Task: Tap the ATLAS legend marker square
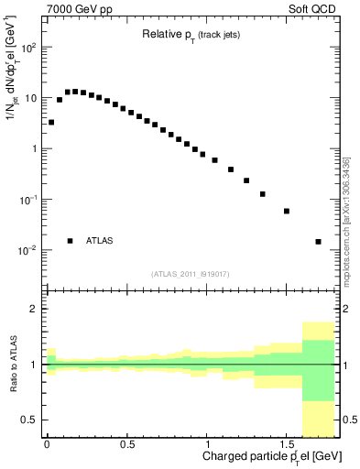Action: tap(70, 241)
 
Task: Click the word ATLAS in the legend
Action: tap(100, 241)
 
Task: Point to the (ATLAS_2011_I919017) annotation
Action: tap(191, 273)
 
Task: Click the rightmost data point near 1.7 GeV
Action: tap(318, 242)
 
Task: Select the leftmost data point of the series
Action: tap(51, 122)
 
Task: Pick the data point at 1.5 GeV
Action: tap(287, 211)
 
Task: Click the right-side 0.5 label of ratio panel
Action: tap(349, 420)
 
